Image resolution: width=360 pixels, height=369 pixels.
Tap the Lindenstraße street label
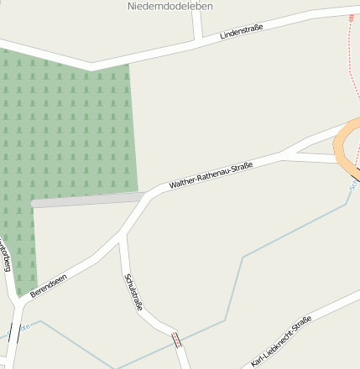click(241, 32)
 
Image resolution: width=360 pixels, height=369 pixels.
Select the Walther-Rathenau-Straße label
click(211, 174)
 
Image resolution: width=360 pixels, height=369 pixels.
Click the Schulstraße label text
click(133, 292)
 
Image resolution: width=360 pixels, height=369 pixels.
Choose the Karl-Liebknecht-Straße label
click(281, 342)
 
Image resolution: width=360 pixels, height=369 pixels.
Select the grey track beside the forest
click(84, 200)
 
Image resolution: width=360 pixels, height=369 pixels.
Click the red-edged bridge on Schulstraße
click(176, 340)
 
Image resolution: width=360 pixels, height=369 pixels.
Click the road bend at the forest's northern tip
click(90, 64)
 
